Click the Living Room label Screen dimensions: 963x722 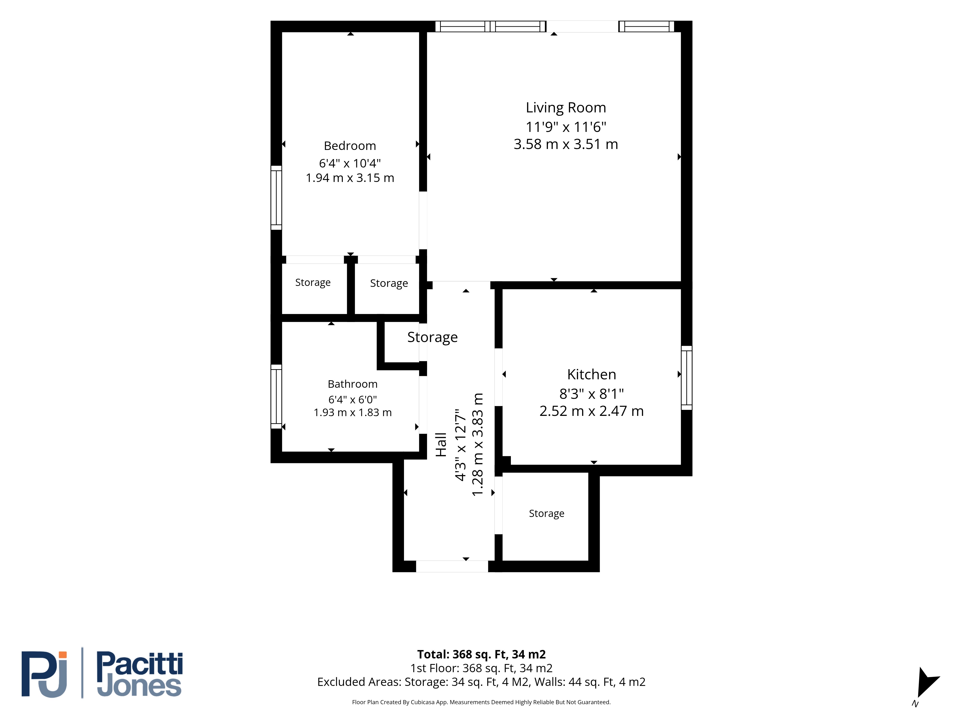[x=566, y=108]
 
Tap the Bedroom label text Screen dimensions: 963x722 [x=350, y=146]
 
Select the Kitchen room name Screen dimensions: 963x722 [x=591, y=374]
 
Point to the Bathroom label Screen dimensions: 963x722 [x=352, y=384]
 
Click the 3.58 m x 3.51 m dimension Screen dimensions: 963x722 [x=566, y=144]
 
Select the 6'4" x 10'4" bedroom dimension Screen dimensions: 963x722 [x=350, y=163]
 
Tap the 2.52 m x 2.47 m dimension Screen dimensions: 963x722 [x=591, y=411]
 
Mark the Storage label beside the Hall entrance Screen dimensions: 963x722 [x=546, y=514]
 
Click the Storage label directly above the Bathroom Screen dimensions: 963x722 [x=312, y=283]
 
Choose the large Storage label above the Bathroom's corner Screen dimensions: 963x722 [x=432, y=337]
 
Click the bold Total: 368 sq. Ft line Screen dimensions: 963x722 [x=481, y=654]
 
